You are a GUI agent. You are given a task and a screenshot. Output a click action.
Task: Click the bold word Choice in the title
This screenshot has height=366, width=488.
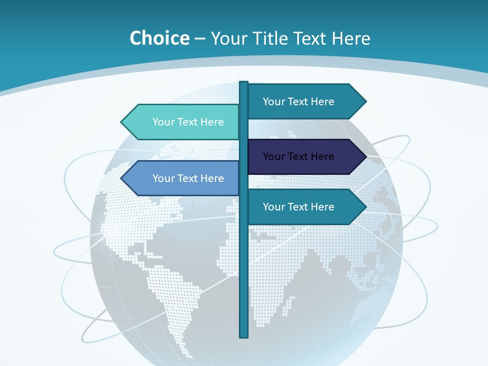click(x=159, y=38)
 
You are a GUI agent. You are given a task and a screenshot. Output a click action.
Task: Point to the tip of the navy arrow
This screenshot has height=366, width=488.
click(x=365, y=157)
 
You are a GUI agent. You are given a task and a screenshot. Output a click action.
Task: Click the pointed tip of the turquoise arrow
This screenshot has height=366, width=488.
click(x=122, y=122)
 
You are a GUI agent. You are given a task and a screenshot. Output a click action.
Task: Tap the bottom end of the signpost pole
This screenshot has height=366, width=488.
click(x=244, y=335)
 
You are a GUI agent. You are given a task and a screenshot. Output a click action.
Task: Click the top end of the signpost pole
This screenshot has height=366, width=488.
click(x=244, y=83)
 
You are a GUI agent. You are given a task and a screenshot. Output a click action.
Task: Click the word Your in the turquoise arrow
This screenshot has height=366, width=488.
click(x=163, y=122)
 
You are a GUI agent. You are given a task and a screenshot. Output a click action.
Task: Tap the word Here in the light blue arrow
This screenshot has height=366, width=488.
click(x=212, y=178)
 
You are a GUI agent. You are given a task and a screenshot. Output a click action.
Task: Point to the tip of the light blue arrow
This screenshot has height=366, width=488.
click(x=122, y=178)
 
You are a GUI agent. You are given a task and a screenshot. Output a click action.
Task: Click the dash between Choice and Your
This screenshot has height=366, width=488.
click(x=200, y=39)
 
